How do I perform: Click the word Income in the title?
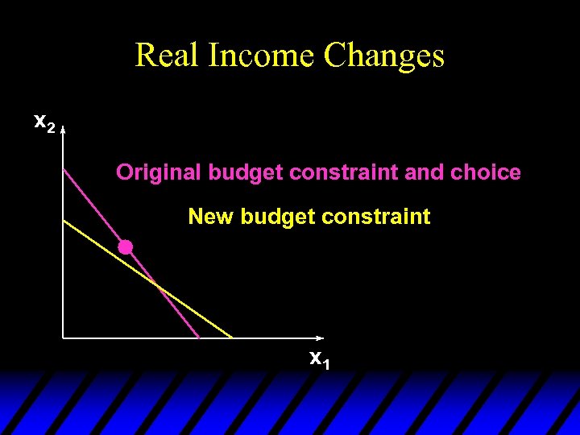tap(261, 55)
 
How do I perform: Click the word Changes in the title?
tap(383, 55)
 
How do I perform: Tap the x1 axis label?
tap(320, 359)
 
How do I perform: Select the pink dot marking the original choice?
tap(126, 247)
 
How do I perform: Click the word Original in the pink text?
tap(159, 172)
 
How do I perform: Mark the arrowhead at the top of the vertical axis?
tap(63, 127)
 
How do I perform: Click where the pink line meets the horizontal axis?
tap(199, 338)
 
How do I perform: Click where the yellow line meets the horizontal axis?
tap(233, 338)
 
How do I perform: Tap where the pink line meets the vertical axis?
tap(64, 168)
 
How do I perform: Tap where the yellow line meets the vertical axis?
tap(64, 220)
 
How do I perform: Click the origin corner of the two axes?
tap(64, 338)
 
